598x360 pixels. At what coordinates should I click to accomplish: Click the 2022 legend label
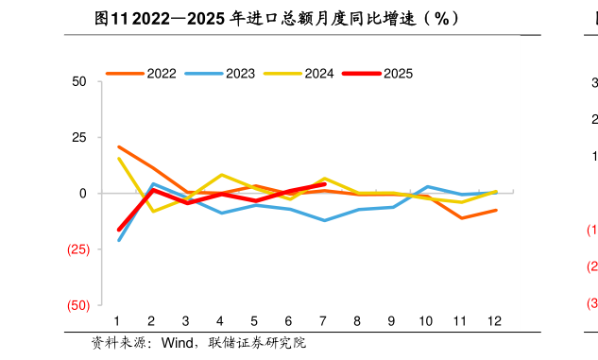162,73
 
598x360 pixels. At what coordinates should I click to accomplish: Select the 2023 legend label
240,73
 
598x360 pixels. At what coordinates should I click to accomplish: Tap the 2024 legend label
318,73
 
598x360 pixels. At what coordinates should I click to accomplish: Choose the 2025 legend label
398,73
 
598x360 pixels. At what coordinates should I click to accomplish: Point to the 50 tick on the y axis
79,82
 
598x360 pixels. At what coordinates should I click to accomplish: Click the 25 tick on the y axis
79,138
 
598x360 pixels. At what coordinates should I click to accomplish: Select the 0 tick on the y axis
83,194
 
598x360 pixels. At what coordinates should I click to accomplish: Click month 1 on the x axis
117,321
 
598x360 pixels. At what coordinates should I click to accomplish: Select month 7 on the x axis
323,321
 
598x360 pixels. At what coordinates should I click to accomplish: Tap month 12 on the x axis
495,321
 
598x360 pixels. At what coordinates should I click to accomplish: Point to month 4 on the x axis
220,321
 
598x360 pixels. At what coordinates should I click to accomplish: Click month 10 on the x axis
426,321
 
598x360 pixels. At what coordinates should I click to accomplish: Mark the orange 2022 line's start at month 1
118,146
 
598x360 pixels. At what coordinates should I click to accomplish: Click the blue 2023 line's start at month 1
118,240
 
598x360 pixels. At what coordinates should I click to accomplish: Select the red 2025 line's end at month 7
324,184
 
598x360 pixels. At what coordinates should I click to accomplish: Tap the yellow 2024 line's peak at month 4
221,175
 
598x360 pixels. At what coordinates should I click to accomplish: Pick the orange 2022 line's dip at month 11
461,218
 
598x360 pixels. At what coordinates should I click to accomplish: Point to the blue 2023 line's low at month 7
324,220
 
